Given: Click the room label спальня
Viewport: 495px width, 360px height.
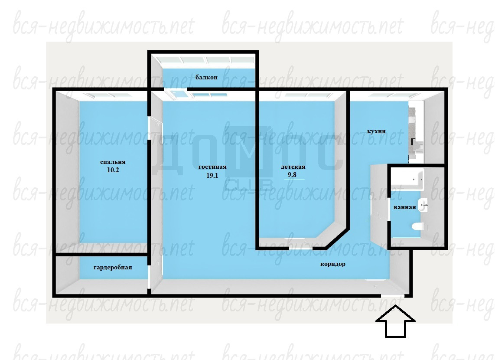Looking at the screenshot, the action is pyautogui.click(x=113, y=162).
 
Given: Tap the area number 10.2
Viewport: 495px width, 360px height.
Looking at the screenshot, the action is pyautogui.click(x=113, y=170).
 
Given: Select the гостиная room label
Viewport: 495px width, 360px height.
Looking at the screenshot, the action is pyautogui.click(x=212, y=167).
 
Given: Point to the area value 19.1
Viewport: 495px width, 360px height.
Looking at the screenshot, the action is pyautogui.click(x=212, y=176).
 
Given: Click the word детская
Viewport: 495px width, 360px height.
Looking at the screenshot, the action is pyautogui.click(x=293, y=167).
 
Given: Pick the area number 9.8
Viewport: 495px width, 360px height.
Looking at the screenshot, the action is pyautogui.click(x=292, y=175).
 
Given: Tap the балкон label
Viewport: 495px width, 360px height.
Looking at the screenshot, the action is pyautogui.click(x=206, y=77).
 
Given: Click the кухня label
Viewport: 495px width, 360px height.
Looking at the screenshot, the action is pyautogui.click(x=376, y=131).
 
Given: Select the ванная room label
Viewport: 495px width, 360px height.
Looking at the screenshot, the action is pyautogui.click(x=405, y=207).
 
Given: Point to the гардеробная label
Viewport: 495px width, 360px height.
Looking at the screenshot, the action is pyautogui.click(x=113, y=268).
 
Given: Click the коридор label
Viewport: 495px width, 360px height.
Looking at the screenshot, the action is pyautogui.click(x=333, y=264).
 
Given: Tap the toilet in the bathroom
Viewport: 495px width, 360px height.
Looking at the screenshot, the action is pyautogui.click(x=418, y=226).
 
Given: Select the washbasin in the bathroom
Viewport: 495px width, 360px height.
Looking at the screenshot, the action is pyautogui.click(x=423, y=205).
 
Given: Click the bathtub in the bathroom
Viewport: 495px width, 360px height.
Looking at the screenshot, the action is pyautogui.click(x=407, y=180).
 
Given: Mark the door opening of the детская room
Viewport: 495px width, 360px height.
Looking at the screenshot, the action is pyautogui.click(x=301, y=248).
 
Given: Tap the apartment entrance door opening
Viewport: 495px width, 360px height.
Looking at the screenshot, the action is pyautogui.click(x=393, y=296).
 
